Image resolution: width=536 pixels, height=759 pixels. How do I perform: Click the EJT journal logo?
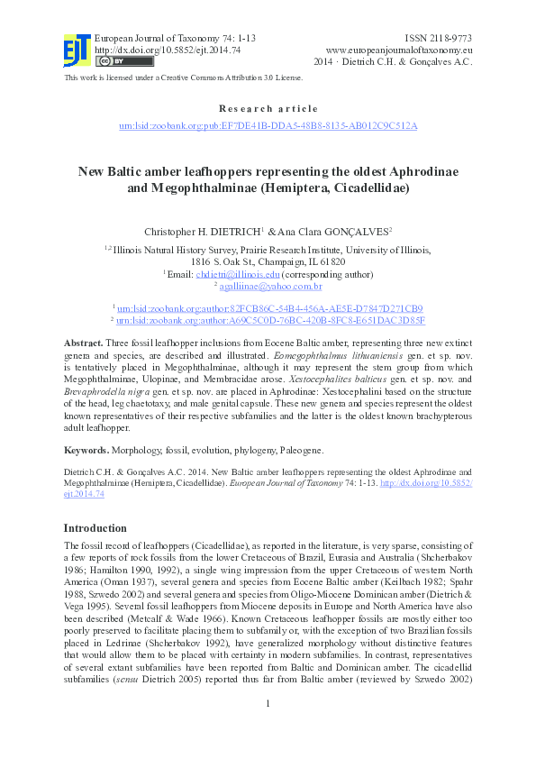pos(77,50)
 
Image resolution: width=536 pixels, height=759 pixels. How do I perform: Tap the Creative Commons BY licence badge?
pos(114,61)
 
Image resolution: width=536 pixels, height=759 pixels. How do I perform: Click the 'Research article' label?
pos(268,108)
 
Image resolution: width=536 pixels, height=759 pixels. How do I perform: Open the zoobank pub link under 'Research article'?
pos(268,126)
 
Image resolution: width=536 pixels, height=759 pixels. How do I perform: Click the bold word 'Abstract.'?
pos(83,345)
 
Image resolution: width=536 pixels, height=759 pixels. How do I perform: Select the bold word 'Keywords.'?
pos(86,449)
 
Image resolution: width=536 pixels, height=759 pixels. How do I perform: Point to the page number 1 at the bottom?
pos(268,728)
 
